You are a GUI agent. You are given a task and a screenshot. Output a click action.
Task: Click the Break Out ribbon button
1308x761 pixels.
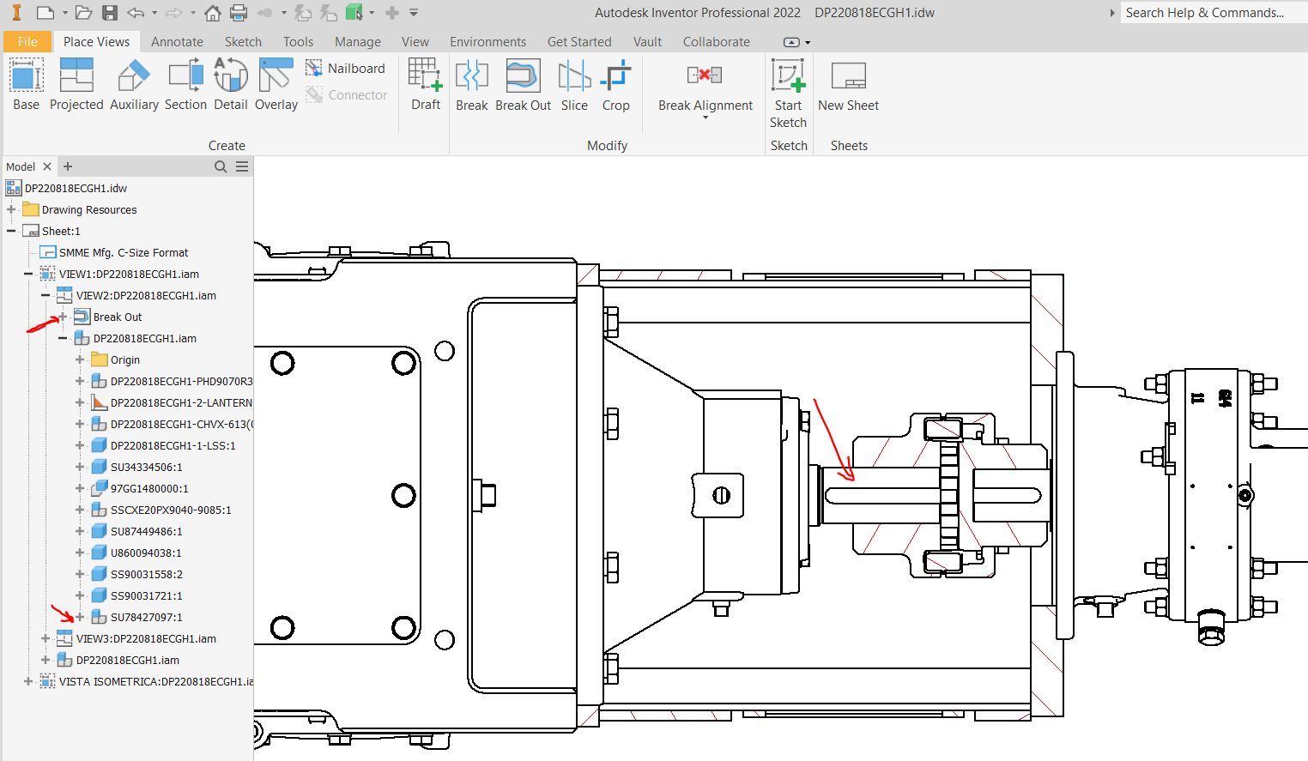coord(523,86)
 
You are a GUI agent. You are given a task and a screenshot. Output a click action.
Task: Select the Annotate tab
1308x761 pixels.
coord(177,42)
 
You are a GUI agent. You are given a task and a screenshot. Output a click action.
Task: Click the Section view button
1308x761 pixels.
coord(185,86)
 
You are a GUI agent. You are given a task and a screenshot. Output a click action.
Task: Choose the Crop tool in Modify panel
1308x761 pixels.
coord(615,86)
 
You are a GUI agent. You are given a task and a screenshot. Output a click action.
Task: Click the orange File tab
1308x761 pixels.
coord(27,42)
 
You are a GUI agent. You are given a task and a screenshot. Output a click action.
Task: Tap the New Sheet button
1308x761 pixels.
coord(848,86)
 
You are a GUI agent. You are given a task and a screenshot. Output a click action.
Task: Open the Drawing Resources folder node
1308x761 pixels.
coord(88,210)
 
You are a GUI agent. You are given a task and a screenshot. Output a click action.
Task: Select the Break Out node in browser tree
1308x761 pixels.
coord(117,317)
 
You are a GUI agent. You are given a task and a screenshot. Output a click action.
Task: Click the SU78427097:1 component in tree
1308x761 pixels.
coord(146,618)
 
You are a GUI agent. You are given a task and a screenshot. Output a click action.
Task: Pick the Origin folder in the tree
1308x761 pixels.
coord(124,360)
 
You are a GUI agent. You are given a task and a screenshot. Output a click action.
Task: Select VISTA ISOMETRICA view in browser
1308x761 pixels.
coord(155,682)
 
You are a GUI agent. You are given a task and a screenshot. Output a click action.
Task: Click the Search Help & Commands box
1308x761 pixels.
coord(1210,13)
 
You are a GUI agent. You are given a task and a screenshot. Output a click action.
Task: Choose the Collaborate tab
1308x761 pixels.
coord(716,42)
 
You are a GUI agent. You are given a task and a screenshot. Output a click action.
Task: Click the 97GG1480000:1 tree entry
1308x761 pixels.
coord(148,489)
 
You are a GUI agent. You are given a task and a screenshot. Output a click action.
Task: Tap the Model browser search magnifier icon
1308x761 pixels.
coord(221,166)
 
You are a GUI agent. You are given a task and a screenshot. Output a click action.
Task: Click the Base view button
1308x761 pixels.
coord(26,86)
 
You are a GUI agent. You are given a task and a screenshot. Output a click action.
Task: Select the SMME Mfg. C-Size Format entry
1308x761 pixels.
coord(123,253)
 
